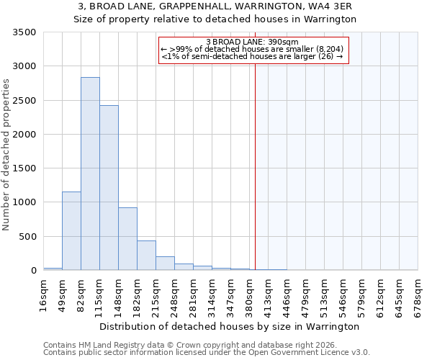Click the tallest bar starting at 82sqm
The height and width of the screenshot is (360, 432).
[90, 174]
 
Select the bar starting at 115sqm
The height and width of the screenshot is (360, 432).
[109, 188]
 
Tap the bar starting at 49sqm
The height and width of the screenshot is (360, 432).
[71, 230]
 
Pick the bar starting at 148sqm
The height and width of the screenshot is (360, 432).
[127, 238]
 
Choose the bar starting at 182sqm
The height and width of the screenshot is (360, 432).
[146, 255]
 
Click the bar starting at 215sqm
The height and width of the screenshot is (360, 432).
[165, 263]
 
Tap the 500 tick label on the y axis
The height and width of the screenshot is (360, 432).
[27, 236]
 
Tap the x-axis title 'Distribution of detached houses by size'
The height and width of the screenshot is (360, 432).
[229, 326]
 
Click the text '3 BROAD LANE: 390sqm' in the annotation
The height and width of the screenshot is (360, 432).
[252, 42]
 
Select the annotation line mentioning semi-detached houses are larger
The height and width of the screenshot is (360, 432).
[252, 56]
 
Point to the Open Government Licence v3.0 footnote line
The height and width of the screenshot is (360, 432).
[207, 353]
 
